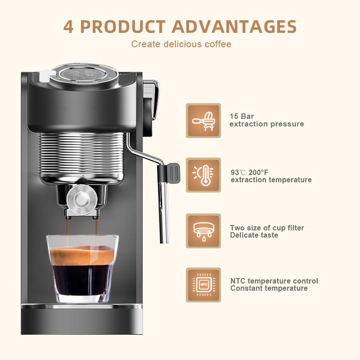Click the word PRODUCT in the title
pyautogui.click(x=123, y=27)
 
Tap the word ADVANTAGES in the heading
pyautogui.click(x=234, y=27)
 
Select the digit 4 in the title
pyautogui.click(x=68, y=27)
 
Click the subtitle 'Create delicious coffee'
pyautogui.click(x=181, y=44)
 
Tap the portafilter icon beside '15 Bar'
pyautogui.click(x=203, y=121)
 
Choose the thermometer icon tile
pyautogui.click(x=203, y=175)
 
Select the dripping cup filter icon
pyautogui.click(x=203, y=231)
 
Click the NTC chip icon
pyautogui.click(x=203, y=285)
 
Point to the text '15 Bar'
pyautogui.click(x=242, y=116)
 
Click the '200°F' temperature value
pyautogui.click(x=258, y=172)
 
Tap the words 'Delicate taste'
pyautogui.click(x=254, y=235)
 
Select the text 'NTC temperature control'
pyautogui.click(x=274, y=281)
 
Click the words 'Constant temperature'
pyautogui.click(x=269, y=288)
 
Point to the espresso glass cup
pyautogui.click(x=82, y=269)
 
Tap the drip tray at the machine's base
pyautogui.click(x=81, y=319)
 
